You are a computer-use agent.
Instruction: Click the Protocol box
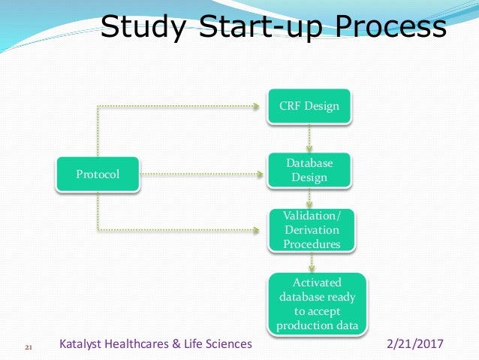click(98, 174)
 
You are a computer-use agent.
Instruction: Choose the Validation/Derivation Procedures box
click(311, 230)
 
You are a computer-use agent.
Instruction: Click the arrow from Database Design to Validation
click(310, 198)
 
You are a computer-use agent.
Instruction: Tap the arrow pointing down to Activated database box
click(310, 262)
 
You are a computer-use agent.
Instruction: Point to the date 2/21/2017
click(415, 344)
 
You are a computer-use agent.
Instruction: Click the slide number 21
click(30, 347)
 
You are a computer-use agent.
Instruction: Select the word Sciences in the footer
click(229, 344)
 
